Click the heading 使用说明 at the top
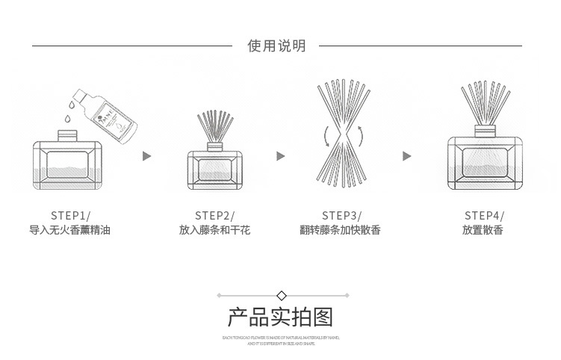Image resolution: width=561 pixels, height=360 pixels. click(x=276, y=46)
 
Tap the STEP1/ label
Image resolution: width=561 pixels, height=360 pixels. click(x=70, y=215)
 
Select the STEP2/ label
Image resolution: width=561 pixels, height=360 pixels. click(x=214, y=215)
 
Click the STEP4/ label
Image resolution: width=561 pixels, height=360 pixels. click(x=483, y=215)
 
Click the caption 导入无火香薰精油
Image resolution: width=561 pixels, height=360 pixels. click(x=70, y=230)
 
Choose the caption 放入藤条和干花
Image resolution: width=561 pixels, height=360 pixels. click(x=214, y=230)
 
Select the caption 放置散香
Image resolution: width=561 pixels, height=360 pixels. click(x=483, y=230)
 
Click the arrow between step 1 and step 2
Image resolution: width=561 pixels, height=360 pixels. click(x=146, y=156)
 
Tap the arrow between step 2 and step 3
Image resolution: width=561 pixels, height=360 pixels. click(x=281, y=156)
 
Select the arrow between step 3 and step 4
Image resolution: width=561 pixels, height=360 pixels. click(x=406, y=156)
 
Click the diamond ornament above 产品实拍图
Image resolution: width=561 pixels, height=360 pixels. click(x=281, y=295)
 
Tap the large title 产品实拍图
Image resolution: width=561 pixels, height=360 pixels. click(x=280, y=317)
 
